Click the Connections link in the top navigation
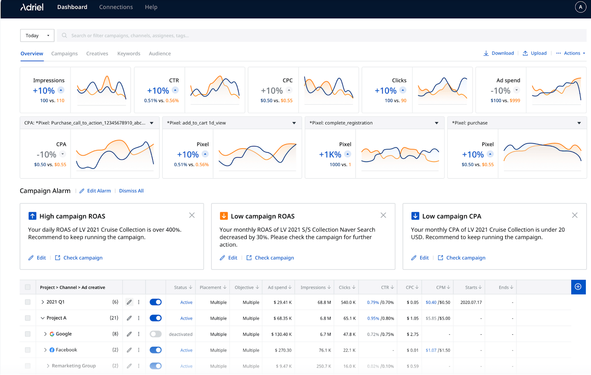pos(116,7)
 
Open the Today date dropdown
pos(37,36)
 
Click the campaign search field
pos(321,36)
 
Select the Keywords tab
pos(129,54)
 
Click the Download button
pos(499,53)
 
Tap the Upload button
pos(534,53)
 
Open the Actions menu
pos(571,53)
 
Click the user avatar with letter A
pos(580,7)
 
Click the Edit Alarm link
pos(95,191)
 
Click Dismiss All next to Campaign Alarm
pos(131,191)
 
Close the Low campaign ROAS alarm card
pos(383,215)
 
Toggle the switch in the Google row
pos(156,334)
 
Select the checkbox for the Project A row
pos(28,318)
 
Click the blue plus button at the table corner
pos(578,287)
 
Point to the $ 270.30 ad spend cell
pos(283,350)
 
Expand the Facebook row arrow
pos(45,350)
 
